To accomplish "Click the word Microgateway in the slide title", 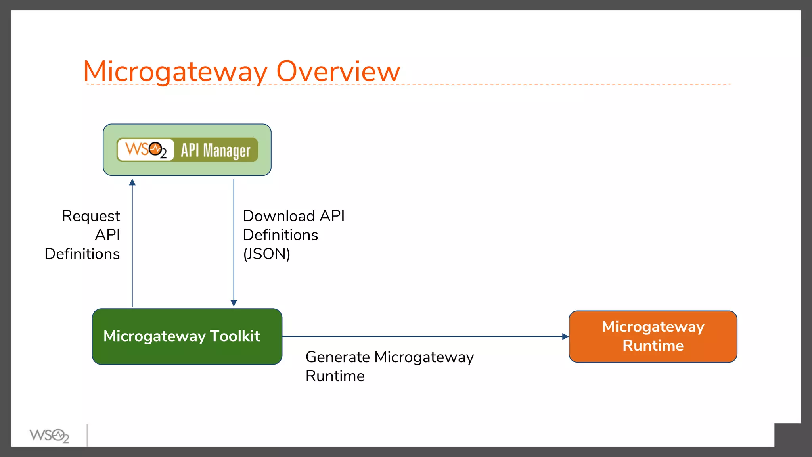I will (176, 72).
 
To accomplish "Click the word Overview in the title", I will (338, 72).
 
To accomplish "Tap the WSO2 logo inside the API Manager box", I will (146, 150).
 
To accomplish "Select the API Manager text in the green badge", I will (215, 150).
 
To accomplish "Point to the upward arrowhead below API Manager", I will (132, 182).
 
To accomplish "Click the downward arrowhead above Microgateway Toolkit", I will (234, 303).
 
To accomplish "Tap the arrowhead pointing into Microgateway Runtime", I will (565, 336).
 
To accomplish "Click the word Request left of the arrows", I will (91, 216).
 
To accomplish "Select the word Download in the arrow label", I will (279, 216).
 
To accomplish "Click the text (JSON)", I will (266, 254).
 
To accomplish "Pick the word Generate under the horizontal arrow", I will (338, 357).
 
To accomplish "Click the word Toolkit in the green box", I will (234, 336).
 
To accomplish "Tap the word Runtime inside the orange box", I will (653, 346).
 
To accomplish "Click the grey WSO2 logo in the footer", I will (49, 436).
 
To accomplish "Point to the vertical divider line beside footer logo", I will (87, 435).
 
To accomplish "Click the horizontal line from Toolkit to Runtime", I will (424, 336).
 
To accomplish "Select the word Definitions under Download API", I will (280, 235).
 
